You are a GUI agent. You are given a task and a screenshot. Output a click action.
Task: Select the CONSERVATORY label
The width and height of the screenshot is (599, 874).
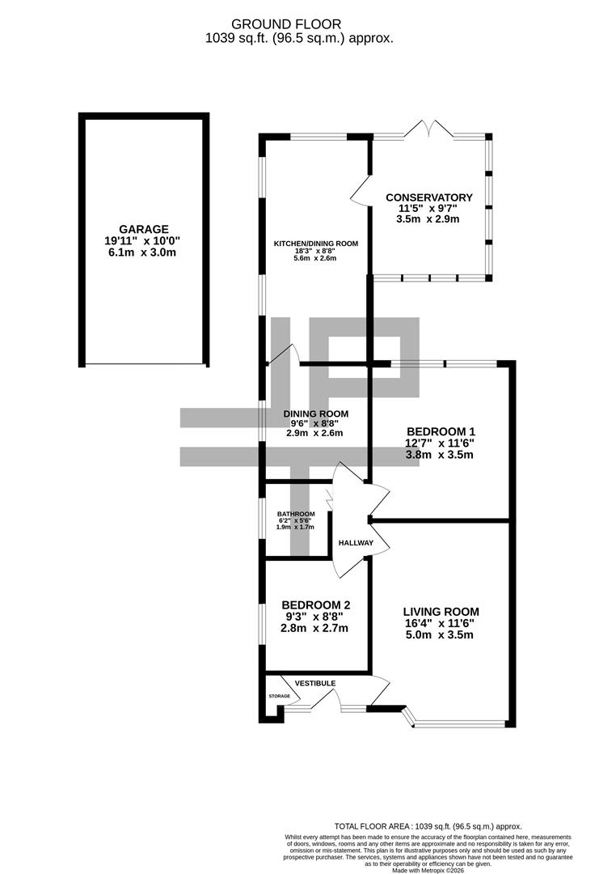click(x=428, y=197)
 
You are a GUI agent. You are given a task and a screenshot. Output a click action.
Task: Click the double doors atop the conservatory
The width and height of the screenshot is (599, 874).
click(x=428, y=129)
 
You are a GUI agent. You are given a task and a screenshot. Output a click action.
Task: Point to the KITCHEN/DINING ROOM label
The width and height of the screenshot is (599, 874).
click(x=315, y=243)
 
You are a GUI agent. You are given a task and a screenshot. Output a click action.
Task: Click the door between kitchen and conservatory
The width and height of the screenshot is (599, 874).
click(x=360, y=193)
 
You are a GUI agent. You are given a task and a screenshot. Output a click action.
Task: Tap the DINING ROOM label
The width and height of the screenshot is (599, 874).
click(x=315, y=414)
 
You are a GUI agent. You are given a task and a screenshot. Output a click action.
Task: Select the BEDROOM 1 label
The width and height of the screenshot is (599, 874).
click(x=440, y=431)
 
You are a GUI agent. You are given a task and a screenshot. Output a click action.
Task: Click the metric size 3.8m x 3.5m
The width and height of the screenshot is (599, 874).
click(x=440, y=454)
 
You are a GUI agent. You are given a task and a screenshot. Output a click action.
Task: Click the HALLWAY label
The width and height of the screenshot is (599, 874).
click(x=356, y=543)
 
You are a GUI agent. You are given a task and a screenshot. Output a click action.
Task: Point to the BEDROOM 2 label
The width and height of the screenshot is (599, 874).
click(x=315, y=605)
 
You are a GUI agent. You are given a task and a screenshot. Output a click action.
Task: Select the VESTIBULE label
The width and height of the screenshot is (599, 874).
click(x=314, y=684)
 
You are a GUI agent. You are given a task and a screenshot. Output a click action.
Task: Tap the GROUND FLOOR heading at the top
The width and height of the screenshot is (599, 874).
click(x=298, y=24)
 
